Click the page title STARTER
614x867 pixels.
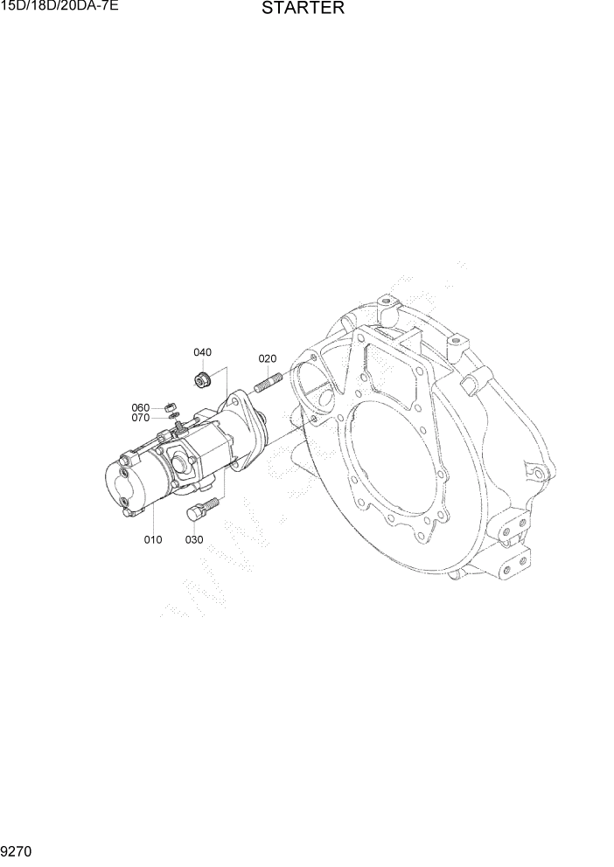(x=303, y=9)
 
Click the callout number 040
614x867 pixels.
(x=202, y=352)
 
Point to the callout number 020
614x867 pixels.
(x=267, y=358)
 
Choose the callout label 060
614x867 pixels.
(x=141, y=407)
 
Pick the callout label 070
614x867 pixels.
(x=141, y=418)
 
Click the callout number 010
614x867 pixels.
(x=153, y=539)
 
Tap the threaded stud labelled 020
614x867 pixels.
(x=267, y=385)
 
